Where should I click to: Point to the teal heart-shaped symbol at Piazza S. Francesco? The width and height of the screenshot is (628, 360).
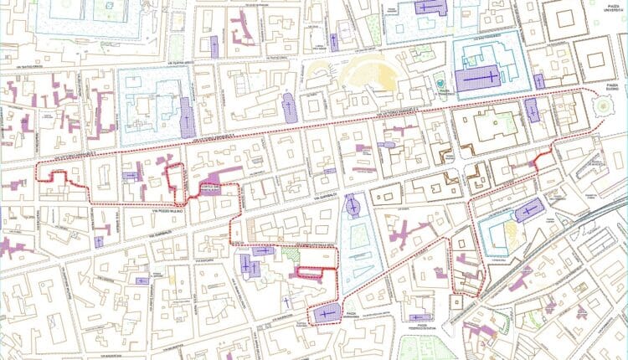coord(440,84)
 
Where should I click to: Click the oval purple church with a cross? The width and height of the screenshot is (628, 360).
coord(352,205)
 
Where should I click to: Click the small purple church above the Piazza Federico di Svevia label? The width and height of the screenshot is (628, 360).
coord(417,317)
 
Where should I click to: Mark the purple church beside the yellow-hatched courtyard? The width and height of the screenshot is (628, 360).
coord(529,210)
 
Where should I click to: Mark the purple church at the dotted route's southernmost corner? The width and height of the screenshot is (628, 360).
coord(324,314)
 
